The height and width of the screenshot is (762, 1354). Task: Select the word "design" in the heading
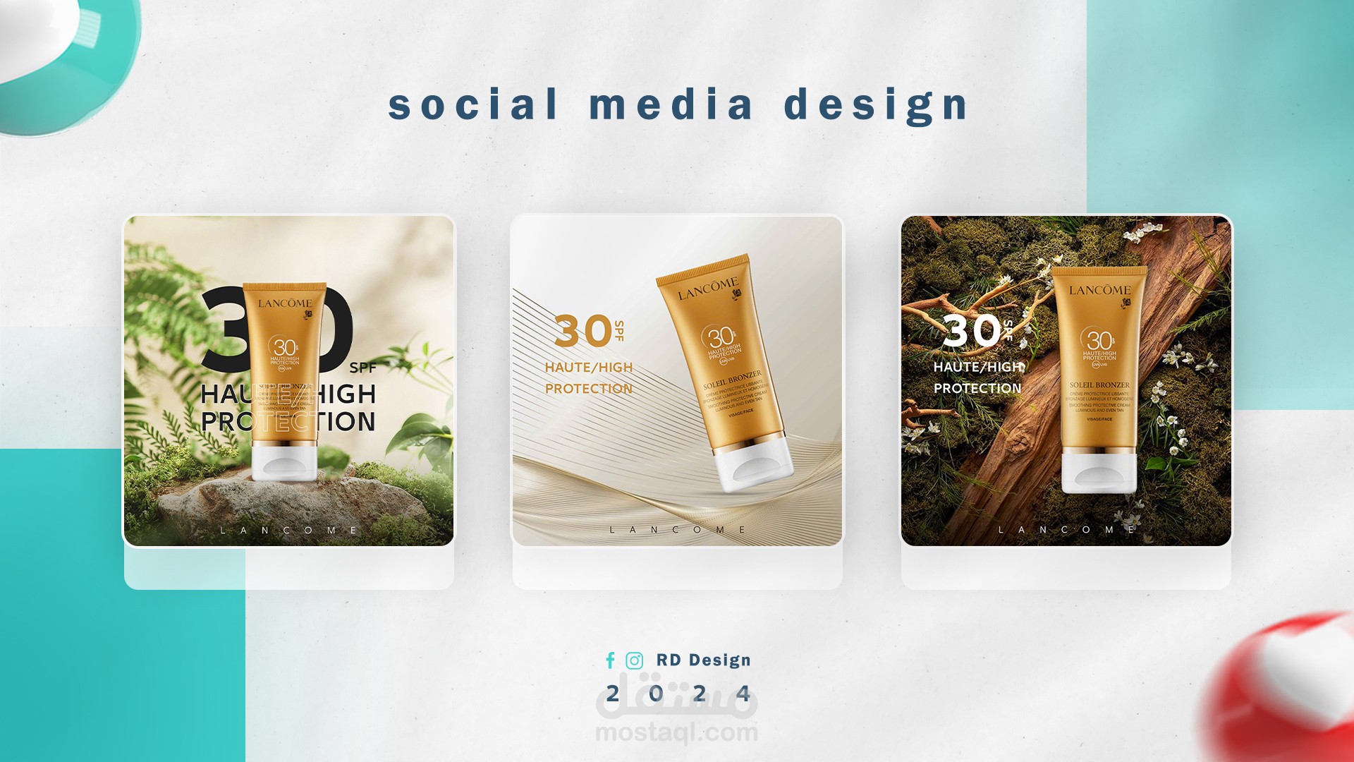876,106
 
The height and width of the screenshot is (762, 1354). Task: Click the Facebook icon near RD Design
610,660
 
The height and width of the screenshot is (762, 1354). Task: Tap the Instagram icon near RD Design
635,660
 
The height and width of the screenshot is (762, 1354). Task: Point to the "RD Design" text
703,660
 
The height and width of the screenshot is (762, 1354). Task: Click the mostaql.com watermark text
676,733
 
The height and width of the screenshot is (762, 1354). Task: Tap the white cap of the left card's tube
285,462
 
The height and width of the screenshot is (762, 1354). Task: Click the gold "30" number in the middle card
583,331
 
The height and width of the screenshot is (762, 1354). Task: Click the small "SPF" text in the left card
362,368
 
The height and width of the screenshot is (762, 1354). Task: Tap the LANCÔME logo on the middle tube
707,289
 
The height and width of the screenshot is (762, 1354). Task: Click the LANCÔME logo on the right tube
1099,290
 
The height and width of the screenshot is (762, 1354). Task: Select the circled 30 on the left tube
284,348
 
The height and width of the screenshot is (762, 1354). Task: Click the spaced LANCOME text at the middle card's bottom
677,529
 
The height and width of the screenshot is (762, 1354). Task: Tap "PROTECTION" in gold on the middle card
588,389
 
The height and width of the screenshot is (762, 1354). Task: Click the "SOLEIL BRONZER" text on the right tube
1099,385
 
